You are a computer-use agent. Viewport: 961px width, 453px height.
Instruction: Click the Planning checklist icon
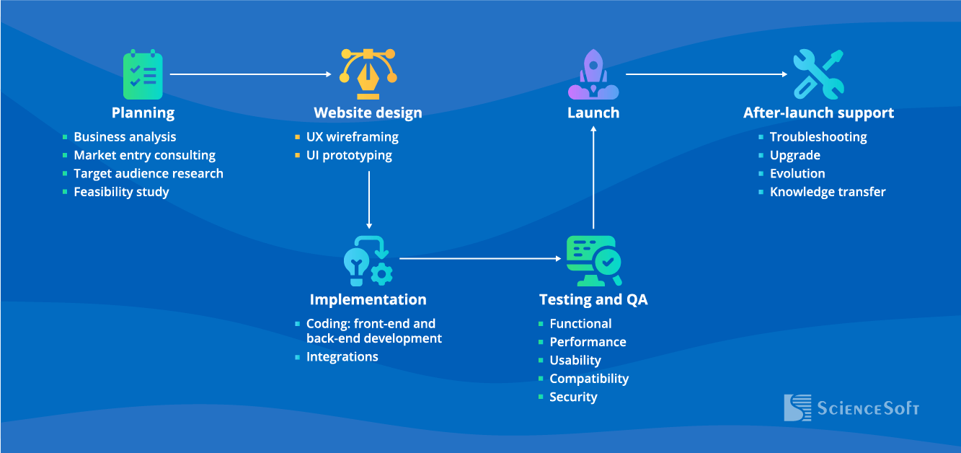coord(143,75)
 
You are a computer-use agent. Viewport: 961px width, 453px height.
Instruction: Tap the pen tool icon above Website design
coord(368,74)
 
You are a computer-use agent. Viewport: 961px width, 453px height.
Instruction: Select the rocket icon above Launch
coord(593,75)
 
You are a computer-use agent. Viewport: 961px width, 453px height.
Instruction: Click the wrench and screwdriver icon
coord(818,74)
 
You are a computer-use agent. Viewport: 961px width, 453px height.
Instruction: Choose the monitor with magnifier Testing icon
coord(593,260)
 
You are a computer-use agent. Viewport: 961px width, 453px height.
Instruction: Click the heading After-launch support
coord(818,113)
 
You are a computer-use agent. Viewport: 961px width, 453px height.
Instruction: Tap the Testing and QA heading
coord(593,299)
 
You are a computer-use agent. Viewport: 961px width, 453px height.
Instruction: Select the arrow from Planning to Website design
coord(251,74)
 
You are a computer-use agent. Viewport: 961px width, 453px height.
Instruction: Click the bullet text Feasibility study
coord(121,192)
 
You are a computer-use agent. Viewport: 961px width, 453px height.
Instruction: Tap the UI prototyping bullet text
coord(349,155)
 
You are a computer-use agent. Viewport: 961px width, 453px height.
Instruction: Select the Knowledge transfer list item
coord(827,192)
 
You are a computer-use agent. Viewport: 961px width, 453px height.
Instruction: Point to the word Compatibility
coord(589,379)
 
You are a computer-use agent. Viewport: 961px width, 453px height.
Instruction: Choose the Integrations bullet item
coord(342,356)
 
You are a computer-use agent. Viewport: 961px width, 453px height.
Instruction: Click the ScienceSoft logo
coord(851,408)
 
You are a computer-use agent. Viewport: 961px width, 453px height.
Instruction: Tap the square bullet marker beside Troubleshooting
coord(761,137)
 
